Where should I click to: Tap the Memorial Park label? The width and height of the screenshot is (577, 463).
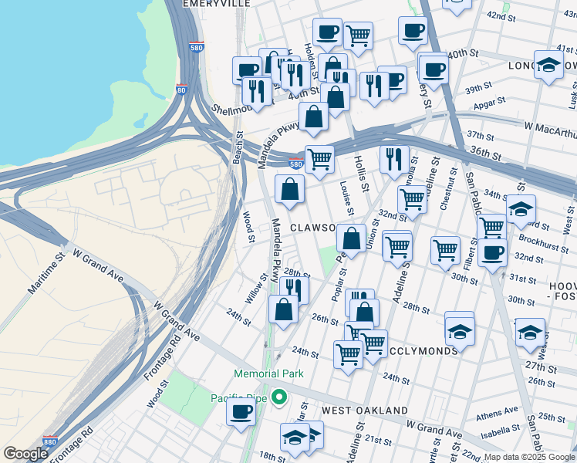[x=269, y=373]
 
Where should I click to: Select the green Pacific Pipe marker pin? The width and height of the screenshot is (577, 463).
[x=279, y=398]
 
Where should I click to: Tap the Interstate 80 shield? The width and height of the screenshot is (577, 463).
[x=182, y=90]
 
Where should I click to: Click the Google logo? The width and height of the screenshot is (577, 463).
[x=25, y=454]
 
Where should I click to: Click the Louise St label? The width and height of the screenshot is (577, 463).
[x=346, y=199]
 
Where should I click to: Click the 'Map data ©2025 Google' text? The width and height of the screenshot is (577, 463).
[x=529, y=457]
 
